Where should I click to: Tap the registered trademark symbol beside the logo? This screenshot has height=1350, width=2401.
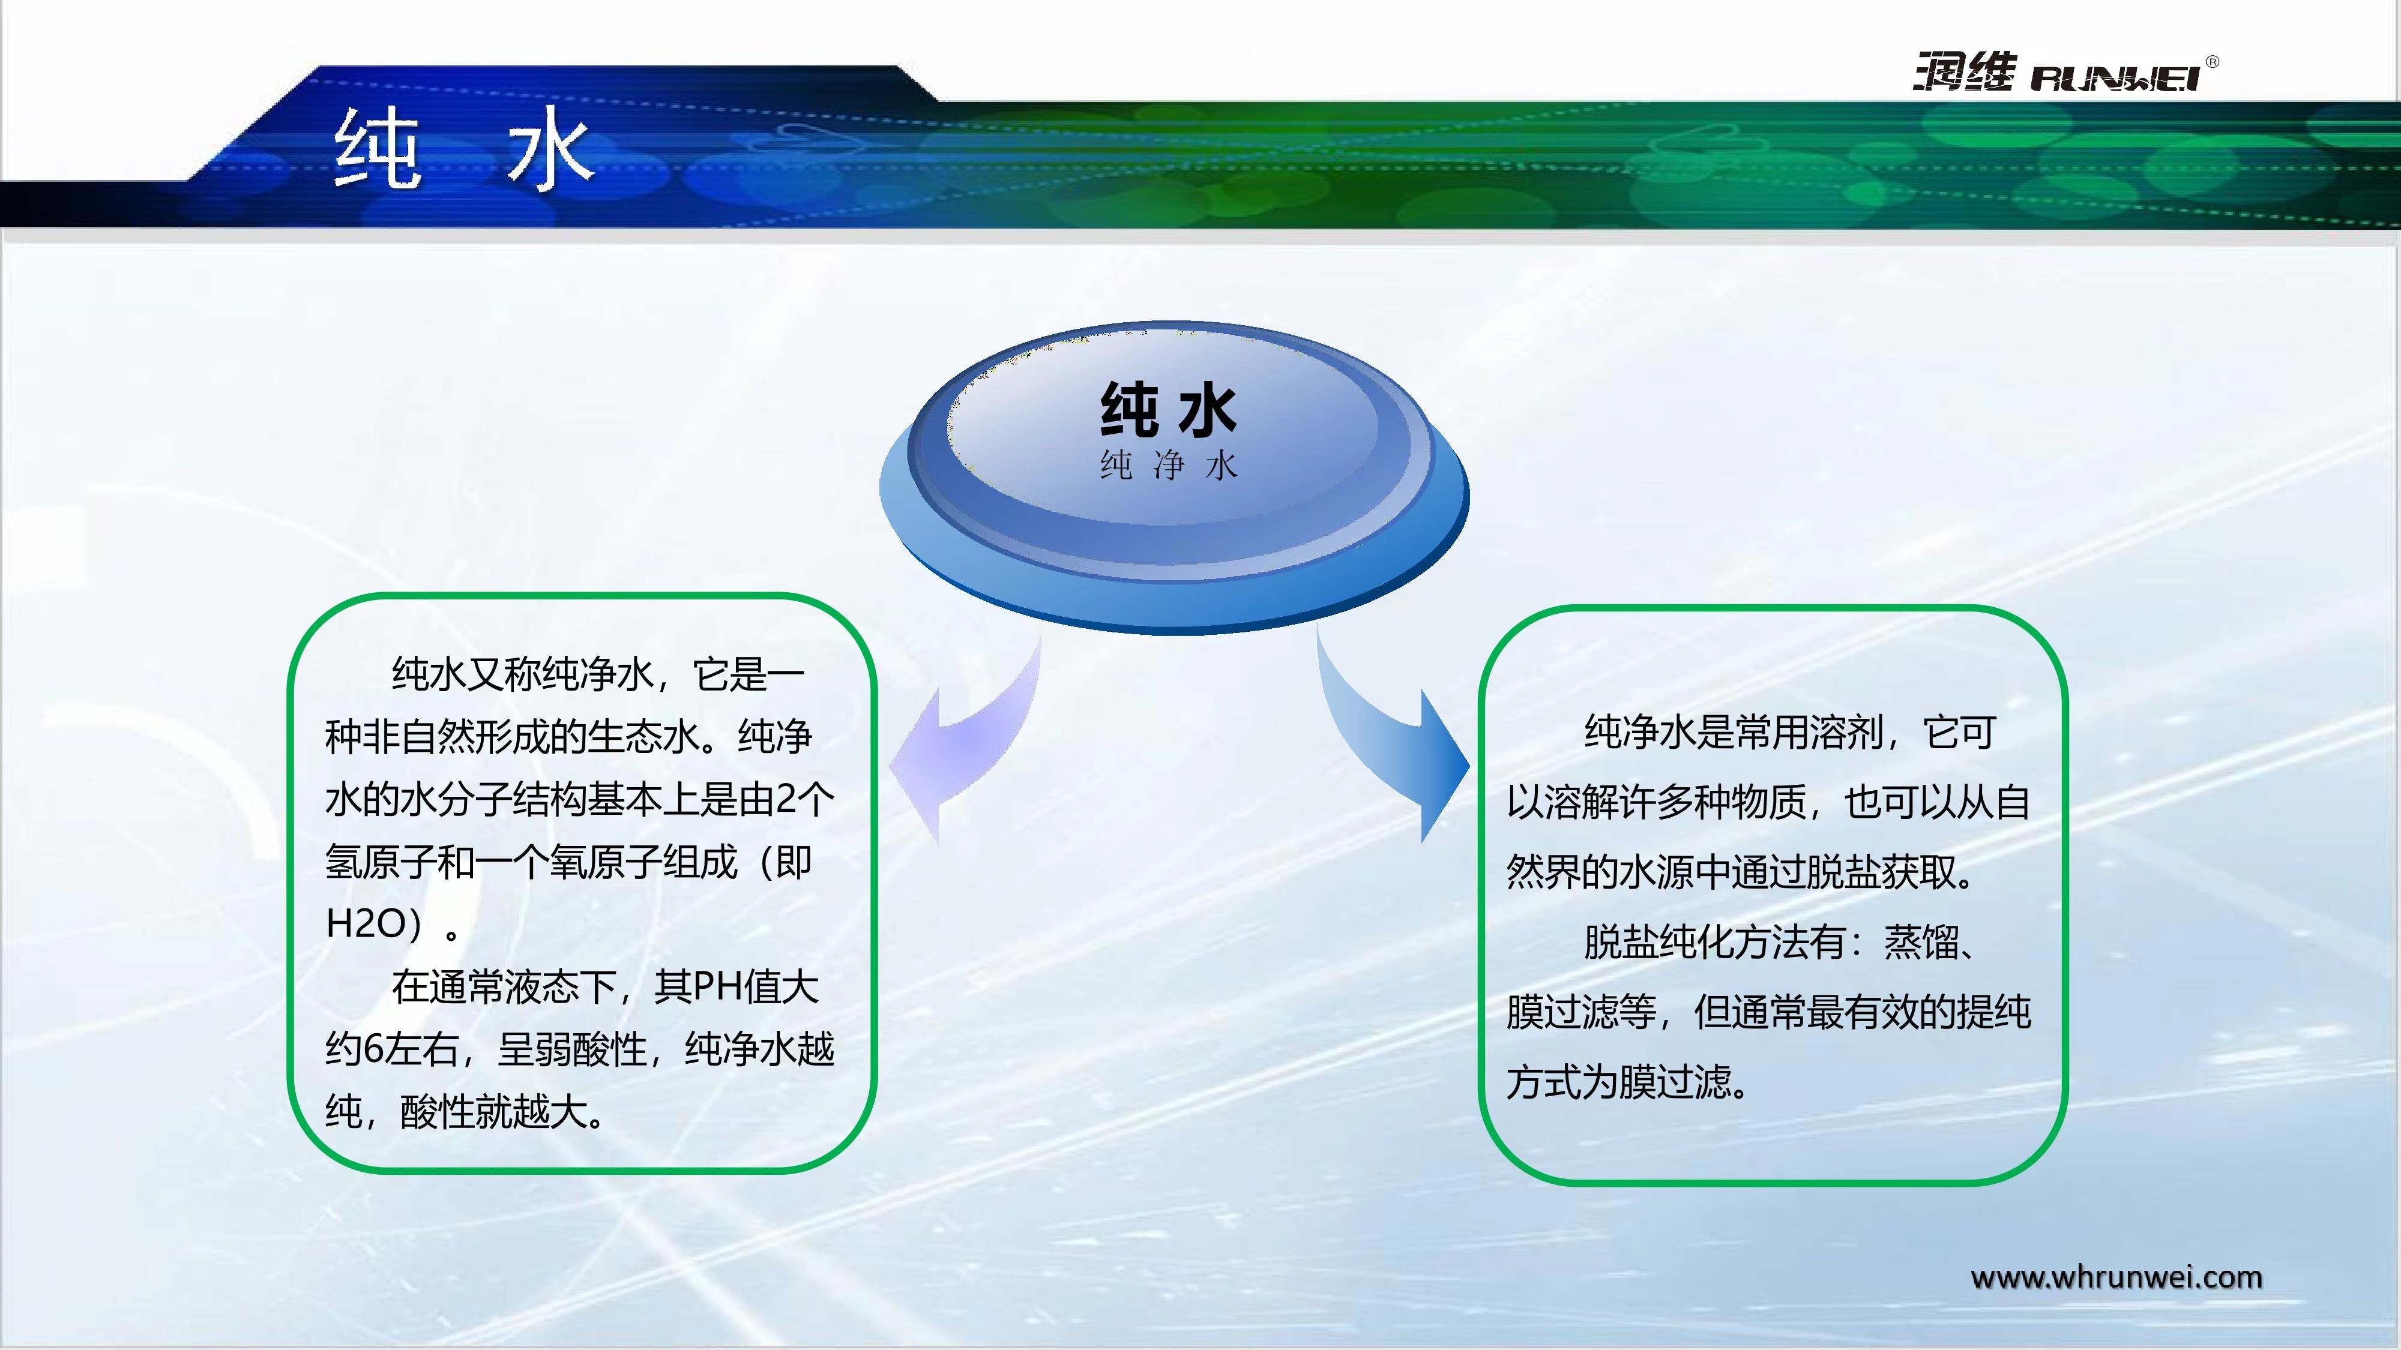tap(2213, 62)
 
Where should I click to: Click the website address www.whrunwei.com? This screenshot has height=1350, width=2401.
tap(2116, 1277)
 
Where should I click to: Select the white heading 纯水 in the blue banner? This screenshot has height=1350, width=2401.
tap(464, 147)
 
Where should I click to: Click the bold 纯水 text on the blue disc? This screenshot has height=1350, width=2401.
tap(1169, 409)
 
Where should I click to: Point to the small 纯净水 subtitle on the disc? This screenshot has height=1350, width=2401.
tap(1169, 465)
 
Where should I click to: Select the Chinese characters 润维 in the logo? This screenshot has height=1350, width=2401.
tap(1965, 72)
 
